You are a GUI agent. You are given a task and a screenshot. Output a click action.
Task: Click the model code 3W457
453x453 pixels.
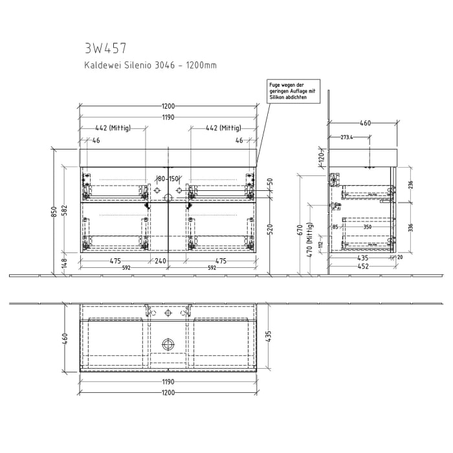pyautogui.click(x=105, y=48)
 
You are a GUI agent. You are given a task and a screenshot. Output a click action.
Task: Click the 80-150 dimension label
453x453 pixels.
pyautogui.click(x=168, y=179)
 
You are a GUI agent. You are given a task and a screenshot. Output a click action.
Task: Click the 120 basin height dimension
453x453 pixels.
pyautogui.click(x=321, y=158)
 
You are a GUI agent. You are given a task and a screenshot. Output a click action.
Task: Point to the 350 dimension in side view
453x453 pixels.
pyautogui.click(x=368, y=227)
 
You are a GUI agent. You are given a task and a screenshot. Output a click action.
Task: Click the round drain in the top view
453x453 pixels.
pyautogui.click(x=168, y=344)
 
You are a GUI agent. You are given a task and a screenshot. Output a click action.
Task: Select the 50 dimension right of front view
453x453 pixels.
pyautogui.click(x=271, y=181)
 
